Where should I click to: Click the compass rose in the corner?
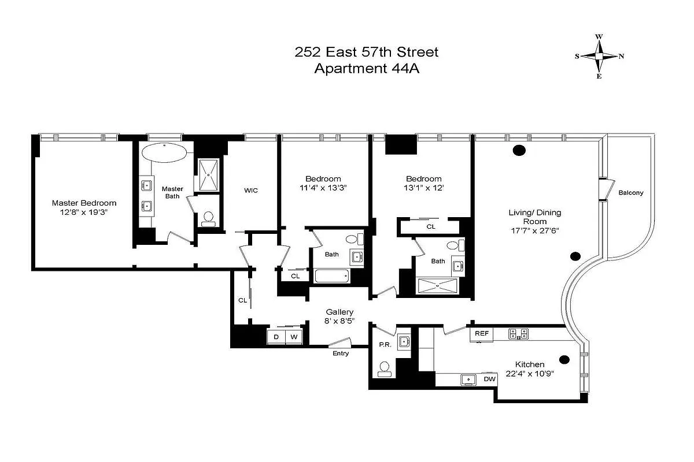(x=599, y=56)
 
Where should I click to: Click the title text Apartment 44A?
(x=366, y=69)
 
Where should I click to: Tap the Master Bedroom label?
(x=84, y=203)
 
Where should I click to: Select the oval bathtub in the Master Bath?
(x=165, y=154)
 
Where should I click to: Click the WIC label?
(x=250, y=189)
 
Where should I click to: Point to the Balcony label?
(x=630, y=193)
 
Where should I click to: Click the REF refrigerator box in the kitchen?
(x=482, y=334)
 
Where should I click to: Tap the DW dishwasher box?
(x=489, y=379)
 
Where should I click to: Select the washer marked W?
(x=294, y=337)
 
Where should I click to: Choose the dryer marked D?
(x=276, y=337)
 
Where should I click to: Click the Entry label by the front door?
(x=341, y=353)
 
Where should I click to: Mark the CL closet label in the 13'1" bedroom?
(x=430, y=227)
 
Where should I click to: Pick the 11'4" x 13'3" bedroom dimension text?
(x=323, y=188)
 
